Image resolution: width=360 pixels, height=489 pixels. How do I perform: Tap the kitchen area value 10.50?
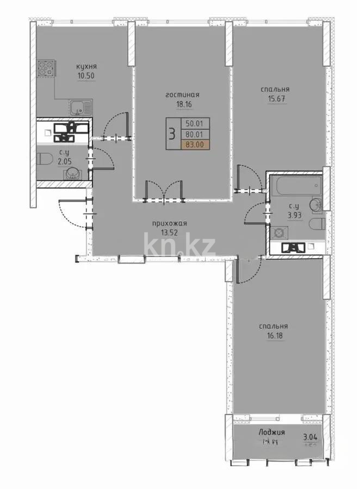(x=86, y=76)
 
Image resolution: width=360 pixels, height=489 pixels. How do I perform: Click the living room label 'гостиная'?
(x=179, y=95)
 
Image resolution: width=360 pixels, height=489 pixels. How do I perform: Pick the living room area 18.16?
(x=179, y=104)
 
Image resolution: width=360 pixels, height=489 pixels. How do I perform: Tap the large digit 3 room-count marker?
(x=171, y=133)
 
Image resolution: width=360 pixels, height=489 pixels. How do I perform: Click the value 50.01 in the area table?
(x=194, y=123)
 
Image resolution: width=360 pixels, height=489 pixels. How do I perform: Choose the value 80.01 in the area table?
(x=194, y=134)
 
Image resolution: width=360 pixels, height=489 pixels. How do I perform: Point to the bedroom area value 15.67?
(x=274, y=99)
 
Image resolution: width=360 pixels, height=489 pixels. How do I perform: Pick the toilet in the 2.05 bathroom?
(x=46, y=159)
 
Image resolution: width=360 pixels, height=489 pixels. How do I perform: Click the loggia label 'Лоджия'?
(x=272, y=433)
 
